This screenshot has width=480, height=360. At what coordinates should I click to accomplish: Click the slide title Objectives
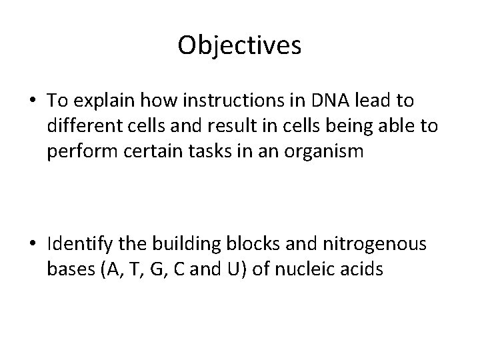click(x=240, y=45)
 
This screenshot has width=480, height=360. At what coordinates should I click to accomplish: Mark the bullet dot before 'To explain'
click(x=32, y=102)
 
